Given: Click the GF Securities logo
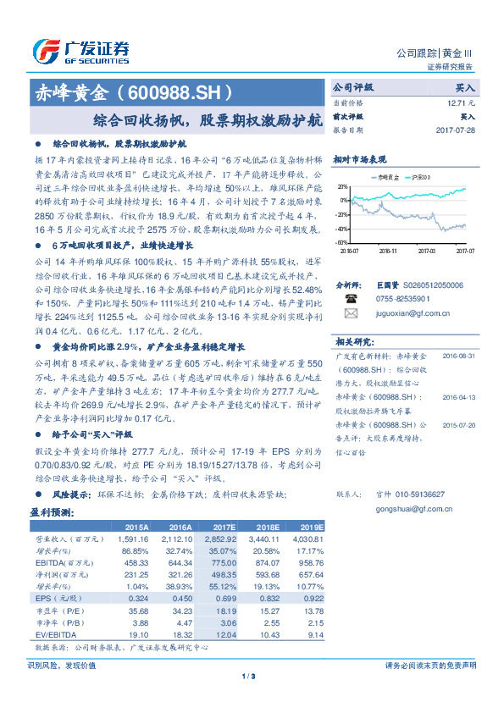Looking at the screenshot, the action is pos(80,51).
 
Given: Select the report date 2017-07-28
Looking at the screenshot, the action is pos(454,130).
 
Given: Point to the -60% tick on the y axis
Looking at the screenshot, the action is pos(341,242).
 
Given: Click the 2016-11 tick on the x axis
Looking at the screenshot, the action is pos(389,251).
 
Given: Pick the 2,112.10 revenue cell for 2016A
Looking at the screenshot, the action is pos(183,538).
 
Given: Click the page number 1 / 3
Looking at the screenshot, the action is pos(252,676).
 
